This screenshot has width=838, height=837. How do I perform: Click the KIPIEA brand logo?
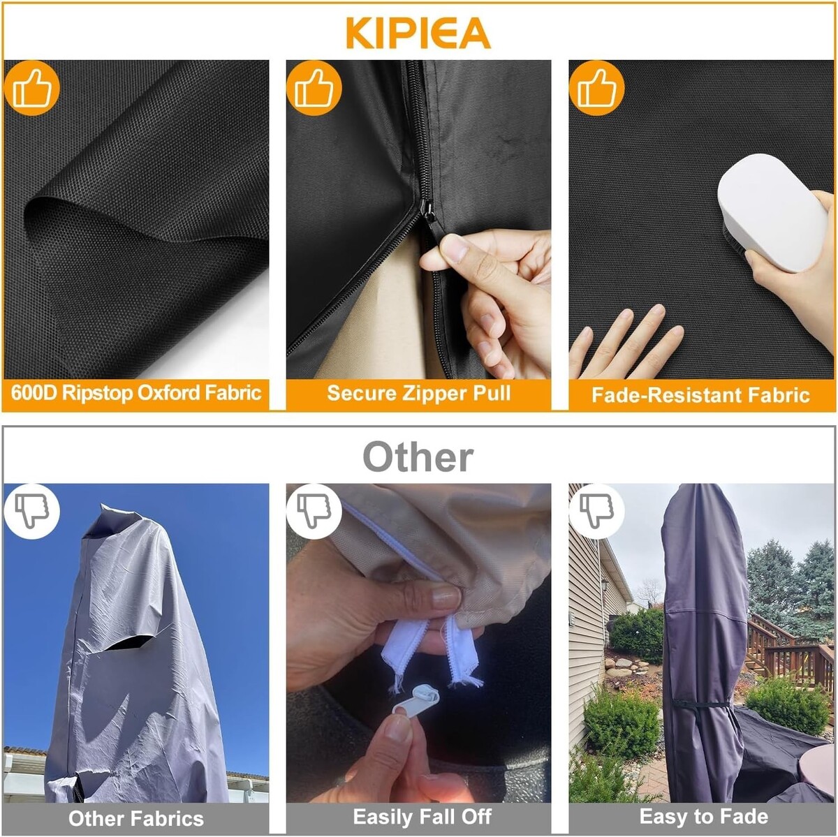[418, 34]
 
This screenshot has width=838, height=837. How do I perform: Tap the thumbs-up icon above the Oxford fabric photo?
[31, 88]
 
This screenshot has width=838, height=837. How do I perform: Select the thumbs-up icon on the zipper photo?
[314, 88]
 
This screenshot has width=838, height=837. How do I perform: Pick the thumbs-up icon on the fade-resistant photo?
[596, 88]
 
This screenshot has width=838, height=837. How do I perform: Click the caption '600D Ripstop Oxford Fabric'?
[136, 393]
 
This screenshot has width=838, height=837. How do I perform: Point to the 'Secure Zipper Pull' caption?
[419, 393]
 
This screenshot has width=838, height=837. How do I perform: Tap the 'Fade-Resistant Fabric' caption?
[700, 395]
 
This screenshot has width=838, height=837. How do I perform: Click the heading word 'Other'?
[418, 457]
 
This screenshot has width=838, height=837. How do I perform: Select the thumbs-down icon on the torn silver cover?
[31, 511]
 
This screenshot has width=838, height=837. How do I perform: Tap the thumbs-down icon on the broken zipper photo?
[314, 511]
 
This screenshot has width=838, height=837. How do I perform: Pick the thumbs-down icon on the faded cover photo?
[596, 511]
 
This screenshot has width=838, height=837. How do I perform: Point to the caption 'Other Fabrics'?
[136, 818]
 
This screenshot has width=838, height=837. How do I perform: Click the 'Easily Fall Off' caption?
[422, 817]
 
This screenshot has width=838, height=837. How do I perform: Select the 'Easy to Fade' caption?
[704, 816]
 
